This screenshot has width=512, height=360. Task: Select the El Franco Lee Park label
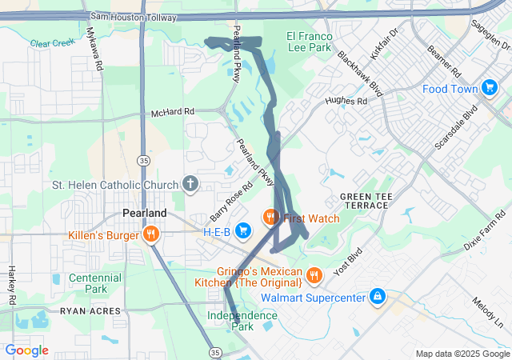[308, 42]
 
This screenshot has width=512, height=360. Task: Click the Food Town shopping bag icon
[490, 89]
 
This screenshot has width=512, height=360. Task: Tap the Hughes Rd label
[346, 102]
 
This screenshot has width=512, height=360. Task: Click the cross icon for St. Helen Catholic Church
[190, 186]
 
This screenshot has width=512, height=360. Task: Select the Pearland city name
[144, 214]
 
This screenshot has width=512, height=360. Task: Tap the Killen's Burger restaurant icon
[150, 234]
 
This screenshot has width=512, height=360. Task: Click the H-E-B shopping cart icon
[243, 231]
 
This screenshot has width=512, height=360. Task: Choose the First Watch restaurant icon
[270, 218]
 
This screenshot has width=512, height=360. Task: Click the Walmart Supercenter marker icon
[377, 298]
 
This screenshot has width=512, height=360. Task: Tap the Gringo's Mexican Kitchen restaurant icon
[314, 276]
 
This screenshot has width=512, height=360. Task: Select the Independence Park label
[242, 321]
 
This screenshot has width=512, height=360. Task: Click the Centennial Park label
[95, 283]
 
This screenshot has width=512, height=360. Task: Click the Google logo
[27, 350]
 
